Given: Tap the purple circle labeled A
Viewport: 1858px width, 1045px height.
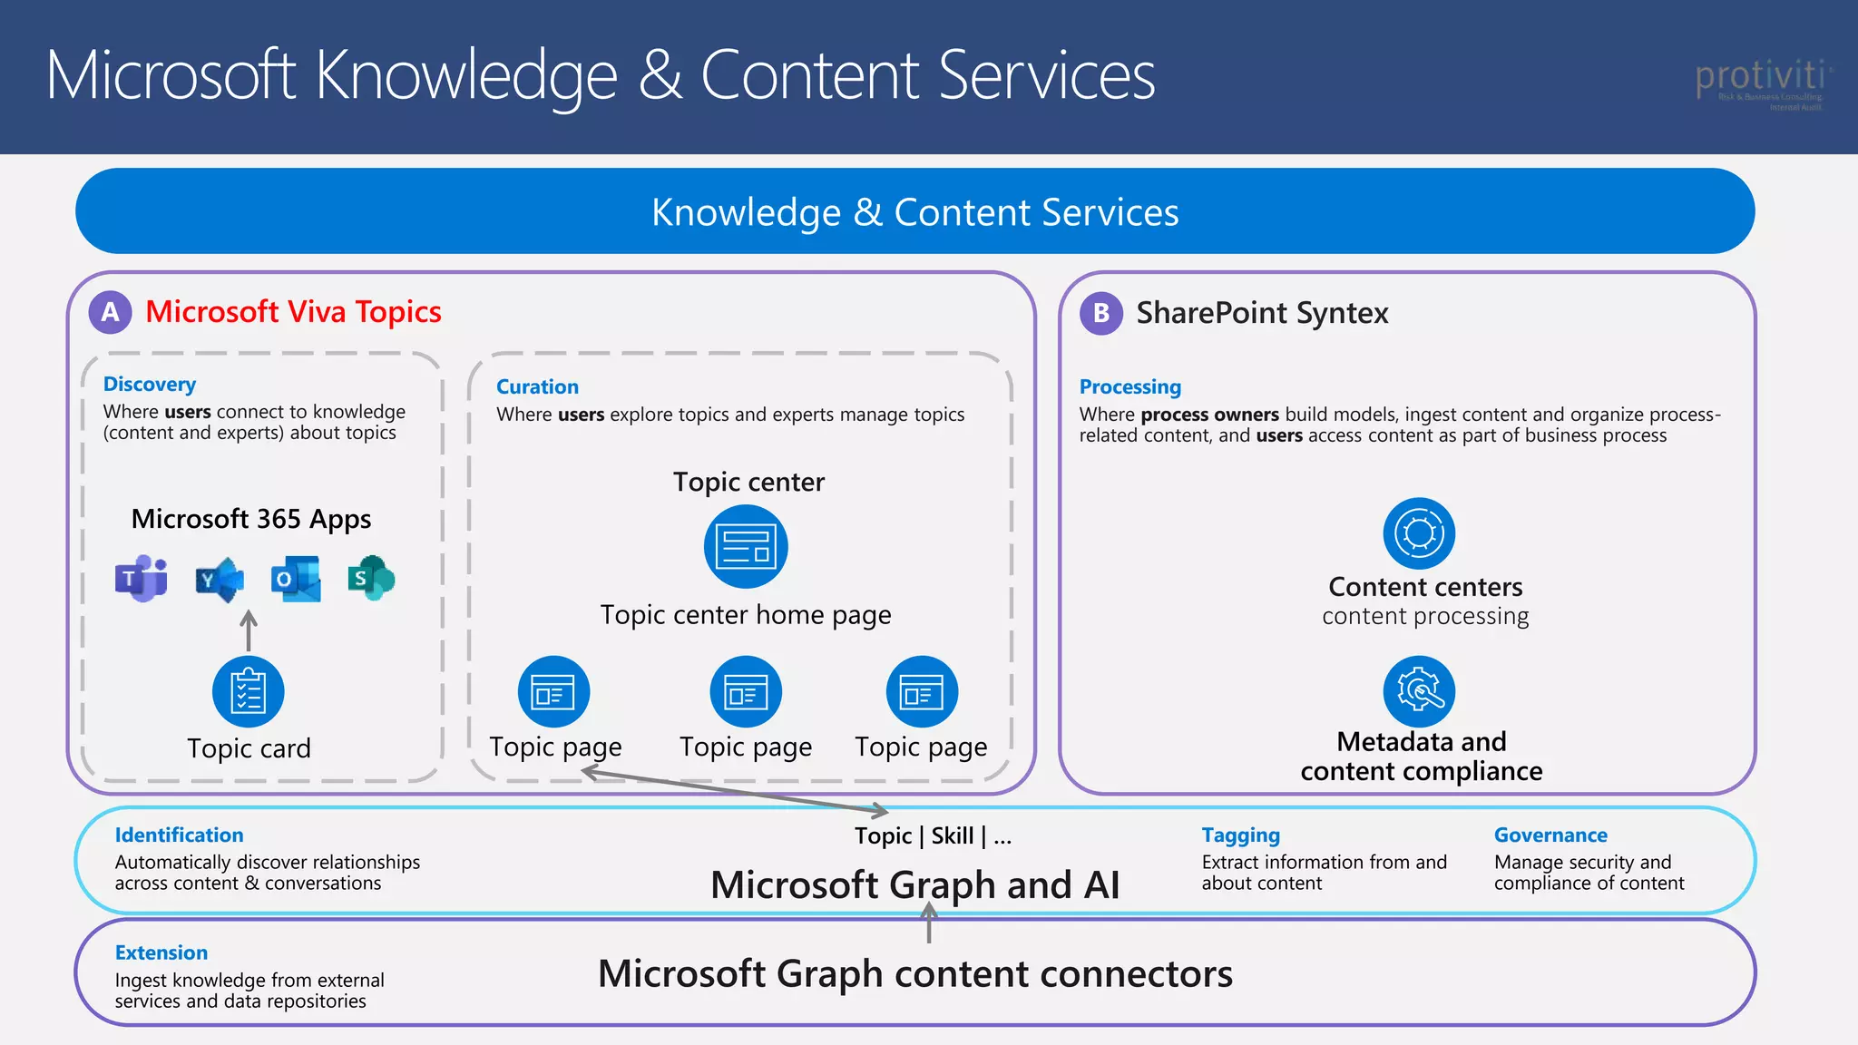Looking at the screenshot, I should click(x=110, y=312).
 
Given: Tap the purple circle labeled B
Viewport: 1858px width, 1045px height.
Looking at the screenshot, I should click(x=1100, y=313).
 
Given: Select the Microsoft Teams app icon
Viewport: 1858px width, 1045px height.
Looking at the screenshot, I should click(x=141, y=579).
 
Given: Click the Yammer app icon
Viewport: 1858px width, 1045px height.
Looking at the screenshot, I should click(x=219, y=579).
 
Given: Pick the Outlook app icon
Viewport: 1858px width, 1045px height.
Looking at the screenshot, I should click(x=296, y=579).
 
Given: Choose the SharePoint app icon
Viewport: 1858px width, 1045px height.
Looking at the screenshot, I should click(x=371, y=578).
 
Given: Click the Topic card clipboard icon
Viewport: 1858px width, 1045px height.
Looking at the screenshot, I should click(x=248, y=691).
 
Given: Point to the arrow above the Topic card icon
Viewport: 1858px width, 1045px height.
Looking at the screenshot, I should click(x=248, y=630).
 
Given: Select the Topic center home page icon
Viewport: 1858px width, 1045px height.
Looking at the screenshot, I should click(x=746, y=547).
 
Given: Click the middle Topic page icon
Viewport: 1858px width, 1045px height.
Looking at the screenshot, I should click(x=746, y=691).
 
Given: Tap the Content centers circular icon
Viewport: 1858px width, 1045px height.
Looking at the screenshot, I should click(x=1419, y=532).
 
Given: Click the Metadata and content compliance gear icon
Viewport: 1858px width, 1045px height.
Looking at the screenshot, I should click(x=1419, y=691).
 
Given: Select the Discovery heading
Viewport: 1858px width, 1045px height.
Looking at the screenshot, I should click(x=150, y=385).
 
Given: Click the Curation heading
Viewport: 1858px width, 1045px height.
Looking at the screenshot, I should click(x=537, y=387).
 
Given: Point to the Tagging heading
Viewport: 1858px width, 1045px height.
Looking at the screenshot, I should click(x=1240, y=835).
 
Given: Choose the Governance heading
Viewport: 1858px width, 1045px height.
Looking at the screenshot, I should click(x=1550, y=835).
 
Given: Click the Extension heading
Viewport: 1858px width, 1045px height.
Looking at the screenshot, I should click(x=161, y=953).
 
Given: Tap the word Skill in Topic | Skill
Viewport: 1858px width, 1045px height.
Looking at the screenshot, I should click(x=953, y=836).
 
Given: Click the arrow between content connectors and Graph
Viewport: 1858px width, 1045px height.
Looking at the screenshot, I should click(x=928, y=923).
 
